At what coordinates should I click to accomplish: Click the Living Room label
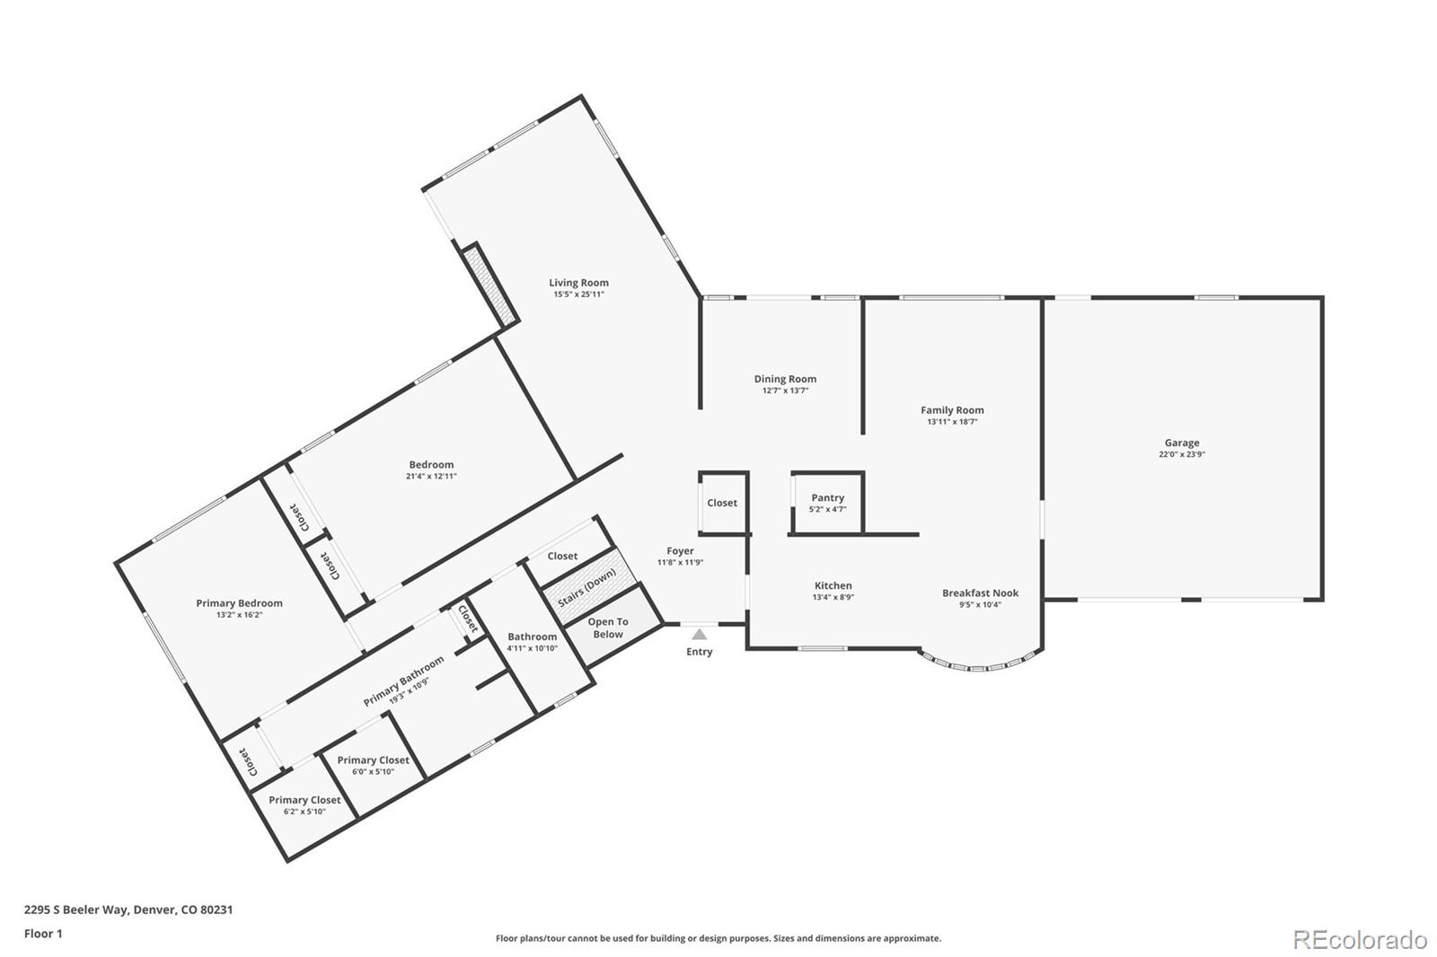(578, 283)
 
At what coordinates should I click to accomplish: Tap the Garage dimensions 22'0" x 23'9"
(1181, 454)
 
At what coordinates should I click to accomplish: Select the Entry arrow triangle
(699, 635)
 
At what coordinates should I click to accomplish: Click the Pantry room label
(827, 497)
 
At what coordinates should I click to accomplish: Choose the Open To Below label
(608, 628)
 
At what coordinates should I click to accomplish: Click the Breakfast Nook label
(980, 593)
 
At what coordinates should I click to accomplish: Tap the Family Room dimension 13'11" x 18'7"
(952, 422)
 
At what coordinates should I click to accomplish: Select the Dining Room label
(785, 379)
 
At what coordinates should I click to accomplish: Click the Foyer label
(680, 551)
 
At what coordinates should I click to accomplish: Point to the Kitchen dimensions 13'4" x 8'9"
(833, 597)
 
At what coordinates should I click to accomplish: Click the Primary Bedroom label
(239, 603)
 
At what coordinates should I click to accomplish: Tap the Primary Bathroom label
(403, 681)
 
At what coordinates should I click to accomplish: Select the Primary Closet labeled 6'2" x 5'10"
(304, 800)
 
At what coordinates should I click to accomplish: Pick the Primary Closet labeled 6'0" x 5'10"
(373, 759)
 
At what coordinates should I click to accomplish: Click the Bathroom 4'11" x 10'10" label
(532, 637)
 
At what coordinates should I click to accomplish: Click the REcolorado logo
(1359, 939)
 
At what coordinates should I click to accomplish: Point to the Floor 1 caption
(43, 934)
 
